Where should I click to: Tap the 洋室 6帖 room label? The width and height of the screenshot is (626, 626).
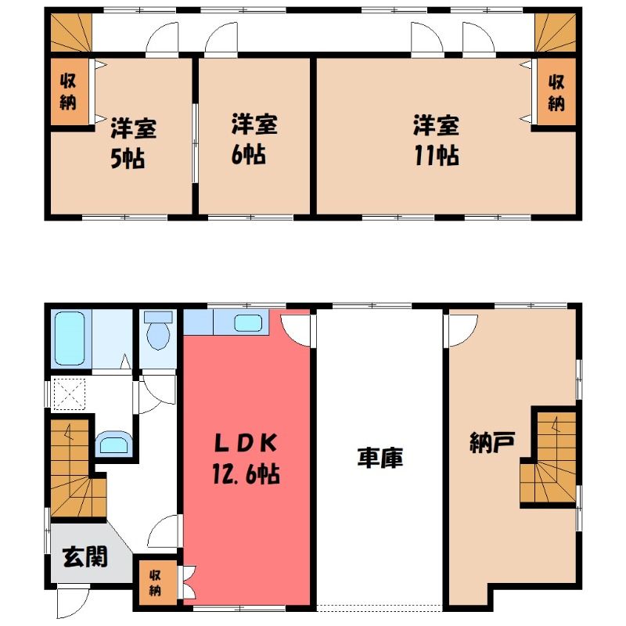tap(254, 139)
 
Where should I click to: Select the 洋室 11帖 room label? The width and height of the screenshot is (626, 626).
tap(437, 140)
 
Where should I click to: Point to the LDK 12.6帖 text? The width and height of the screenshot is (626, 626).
tap(246, 459)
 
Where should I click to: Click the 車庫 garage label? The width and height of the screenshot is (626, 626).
tap(380, 458)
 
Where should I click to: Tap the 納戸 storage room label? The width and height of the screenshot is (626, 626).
tap(492, 442)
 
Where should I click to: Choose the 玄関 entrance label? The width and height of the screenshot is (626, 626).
tap(85, 556)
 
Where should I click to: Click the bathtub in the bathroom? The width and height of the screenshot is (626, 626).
tap(70, 339)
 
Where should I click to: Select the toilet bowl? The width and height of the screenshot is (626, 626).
tap(158, 330)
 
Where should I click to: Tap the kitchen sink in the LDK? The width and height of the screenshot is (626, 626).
tap(248, 323)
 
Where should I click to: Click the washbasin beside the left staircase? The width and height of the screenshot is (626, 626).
tap(113, 443)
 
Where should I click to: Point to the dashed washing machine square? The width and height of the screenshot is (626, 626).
tap(69, 394)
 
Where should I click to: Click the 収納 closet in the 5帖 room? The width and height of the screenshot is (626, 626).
tap(70, 92)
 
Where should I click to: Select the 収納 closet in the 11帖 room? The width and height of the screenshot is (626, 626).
tap(556, 92)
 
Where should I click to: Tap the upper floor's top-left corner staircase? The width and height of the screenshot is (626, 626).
tap(71, 33)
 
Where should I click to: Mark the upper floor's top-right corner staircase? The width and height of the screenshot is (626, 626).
tap(556, 33)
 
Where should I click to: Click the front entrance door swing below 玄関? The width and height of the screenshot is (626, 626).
tap(73, 601)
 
